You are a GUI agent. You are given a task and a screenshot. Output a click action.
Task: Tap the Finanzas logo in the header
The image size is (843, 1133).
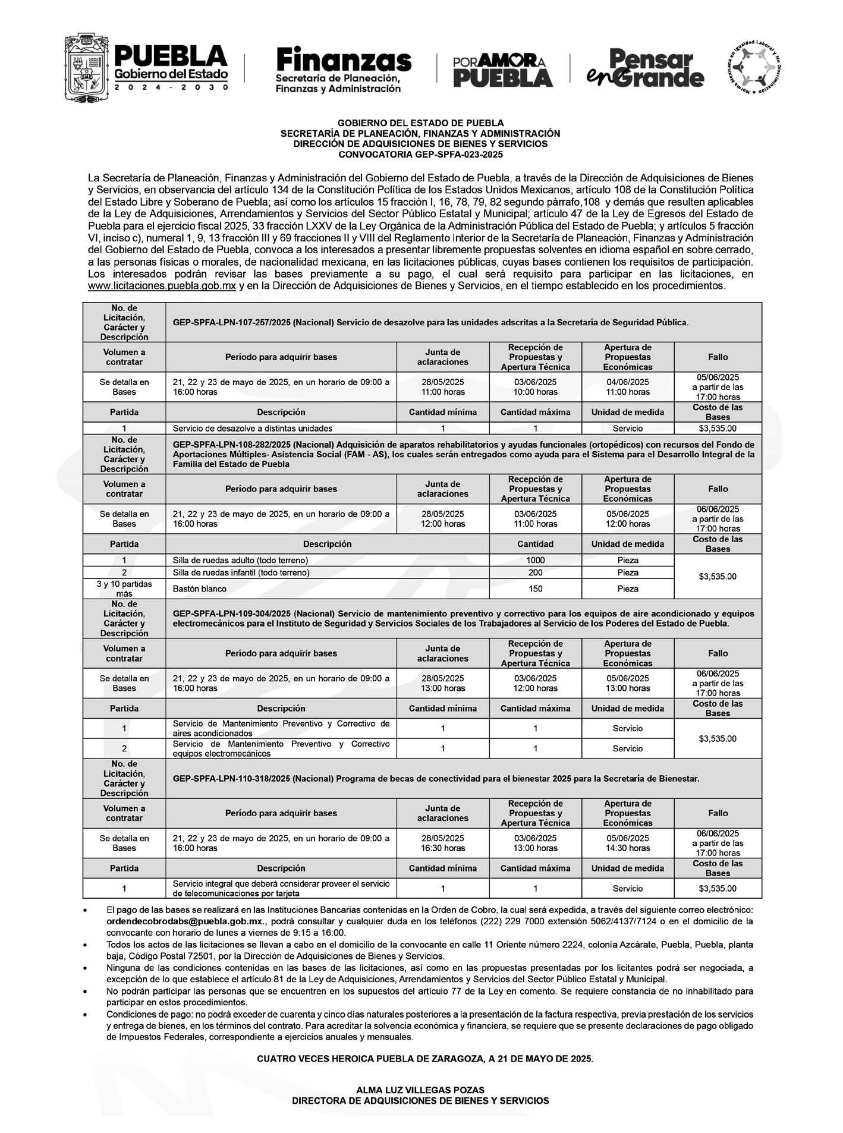pos(344,70)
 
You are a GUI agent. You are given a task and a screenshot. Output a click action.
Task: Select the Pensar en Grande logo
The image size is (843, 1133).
pos(645,69)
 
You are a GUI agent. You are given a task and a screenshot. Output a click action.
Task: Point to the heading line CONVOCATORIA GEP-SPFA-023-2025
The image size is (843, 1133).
pos(420,155)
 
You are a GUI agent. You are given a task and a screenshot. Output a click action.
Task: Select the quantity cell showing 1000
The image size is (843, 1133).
pos(535,560)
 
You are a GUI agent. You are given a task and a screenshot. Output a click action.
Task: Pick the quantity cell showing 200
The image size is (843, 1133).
pos(535,572)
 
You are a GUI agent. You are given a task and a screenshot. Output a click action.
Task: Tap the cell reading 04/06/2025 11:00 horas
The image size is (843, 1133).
pos(627,387)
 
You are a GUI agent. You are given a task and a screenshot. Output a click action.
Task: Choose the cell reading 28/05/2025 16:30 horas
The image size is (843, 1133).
pos(442,843)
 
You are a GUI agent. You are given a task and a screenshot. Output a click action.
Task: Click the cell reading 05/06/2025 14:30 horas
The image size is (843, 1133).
pos(627,843)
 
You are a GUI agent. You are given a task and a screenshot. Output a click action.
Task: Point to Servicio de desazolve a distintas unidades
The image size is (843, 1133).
pos(252,428)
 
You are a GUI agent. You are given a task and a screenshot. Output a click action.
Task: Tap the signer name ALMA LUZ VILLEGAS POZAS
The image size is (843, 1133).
pos(420,1090)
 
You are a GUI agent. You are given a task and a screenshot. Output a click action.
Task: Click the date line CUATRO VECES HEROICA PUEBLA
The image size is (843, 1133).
pos(424,1059)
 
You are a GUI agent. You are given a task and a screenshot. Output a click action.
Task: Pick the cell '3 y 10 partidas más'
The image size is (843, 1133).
pos(124,588)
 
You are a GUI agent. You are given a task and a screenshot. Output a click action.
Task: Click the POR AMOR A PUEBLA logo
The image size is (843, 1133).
pos(502,70)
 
